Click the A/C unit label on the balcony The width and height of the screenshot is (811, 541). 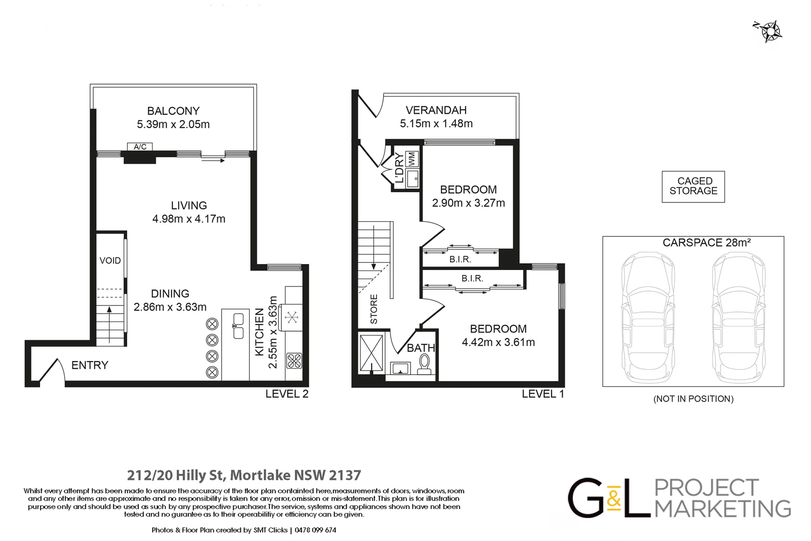point(140,147)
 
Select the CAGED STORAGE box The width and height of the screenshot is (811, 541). point(693,186)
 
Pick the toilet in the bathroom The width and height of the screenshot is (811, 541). point(425,364)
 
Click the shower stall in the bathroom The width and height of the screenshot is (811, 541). point(371,354)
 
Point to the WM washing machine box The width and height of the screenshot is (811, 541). point(412,159)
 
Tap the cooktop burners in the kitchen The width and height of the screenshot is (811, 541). point(294,361)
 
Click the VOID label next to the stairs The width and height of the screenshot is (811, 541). point(110,260)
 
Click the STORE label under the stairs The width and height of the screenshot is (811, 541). point(374,309)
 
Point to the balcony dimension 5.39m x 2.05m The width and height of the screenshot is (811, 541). point(173,124)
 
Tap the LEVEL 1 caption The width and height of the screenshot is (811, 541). point(543,394)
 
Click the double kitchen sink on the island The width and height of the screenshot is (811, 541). point(238,326)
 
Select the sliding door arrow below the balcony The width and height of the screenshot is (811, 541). point(213,161)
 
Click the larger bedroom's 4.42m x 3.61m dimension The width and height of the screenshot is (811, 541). point(498,342)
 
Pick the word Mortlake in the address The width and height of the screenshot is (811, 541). point(260,475)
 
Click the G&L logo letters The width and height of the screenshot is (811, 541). point(609,498)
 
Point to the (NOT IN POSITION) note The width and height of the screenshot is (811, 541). point(693,399)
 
